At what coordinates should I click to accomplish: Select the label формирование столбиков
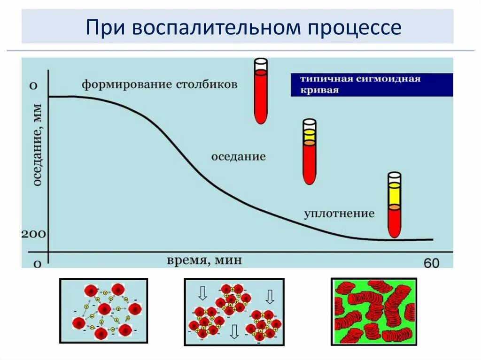click(x=160, y=85)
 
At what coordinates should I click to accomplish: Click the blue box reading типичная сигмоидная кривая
click(x=371, y=84)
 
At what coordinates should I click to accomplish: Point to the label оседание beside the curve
click(x=238, y=156)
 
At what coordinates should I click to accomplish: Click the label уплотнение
click(x=339, y=214)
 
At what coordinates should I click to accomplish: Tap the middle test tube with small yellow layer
click(x=309, y=151)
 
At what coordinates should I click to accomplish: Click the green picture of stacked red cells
click(x=373, y=311)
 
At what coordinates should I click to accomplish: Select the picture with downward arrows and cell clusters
click(x=234, y=311)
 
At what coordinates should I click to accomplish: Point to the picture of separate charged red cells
click(x=103, y=311)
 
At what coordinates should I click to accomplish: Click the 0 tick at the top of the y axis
click(x=33, y=86)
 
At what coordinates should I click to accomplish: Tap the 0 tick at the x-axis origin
click(x=37, y=263)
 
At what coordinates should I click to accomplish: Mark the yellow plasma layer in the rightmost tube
click(x=395, y=195)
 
